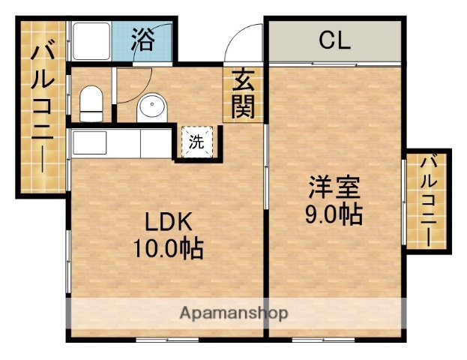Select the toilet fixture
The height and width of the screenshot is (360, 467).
point(91,103)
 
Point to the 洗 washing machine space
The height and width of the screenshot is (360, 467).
point(196,142)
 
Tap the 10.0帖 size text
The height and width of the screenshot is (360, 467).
point(169,248)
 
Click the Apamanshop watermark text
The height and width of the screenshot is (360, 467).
point(232,313)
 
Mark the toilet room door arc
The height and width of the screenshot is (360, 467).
point(131,86)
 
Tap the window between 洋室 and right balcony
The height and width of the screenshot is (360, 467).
point(405,199)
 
